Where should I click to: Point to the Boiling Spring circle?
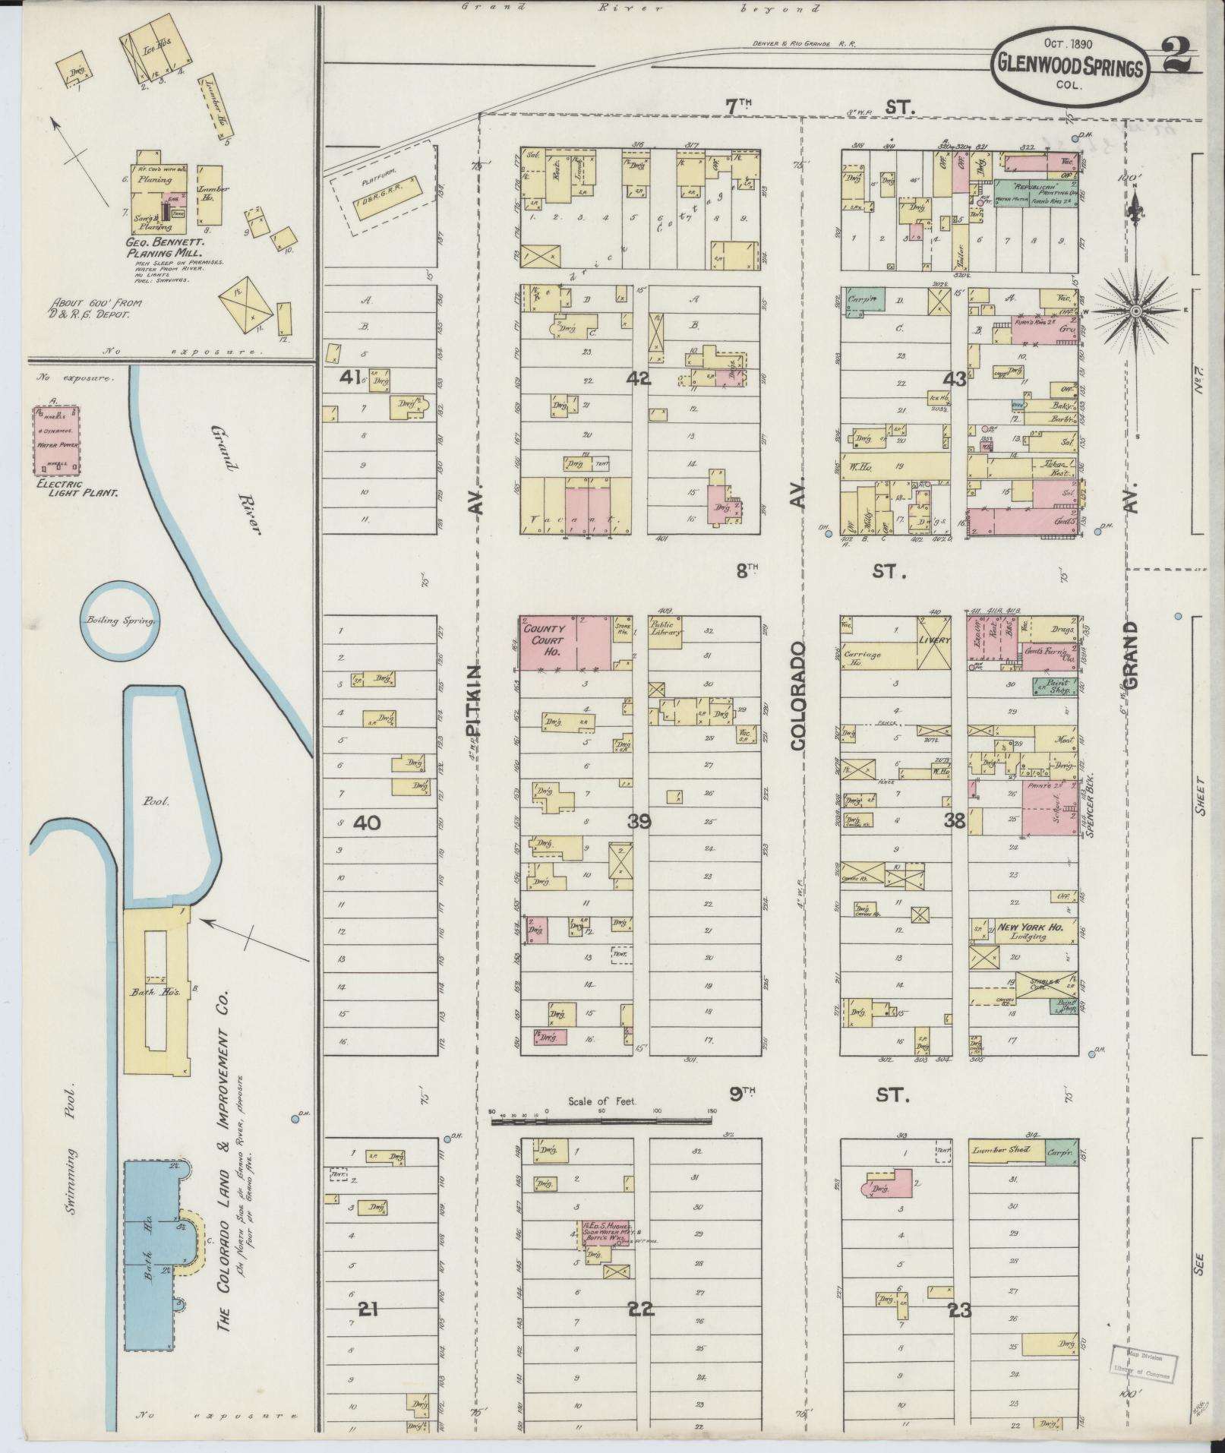(119, 621)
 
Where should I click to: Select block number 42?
(639, 377)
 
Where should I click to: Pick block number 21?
(368, 1309)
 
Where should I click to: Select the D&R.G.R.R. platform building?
(387, 198)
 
